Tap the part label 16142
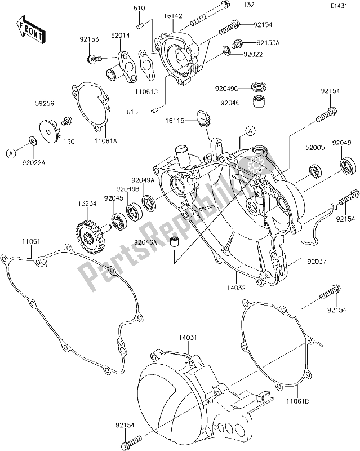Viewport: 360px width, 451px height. click(x=174, y=17)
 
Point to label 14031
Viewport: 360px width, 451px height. click(x=186, y=337)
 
